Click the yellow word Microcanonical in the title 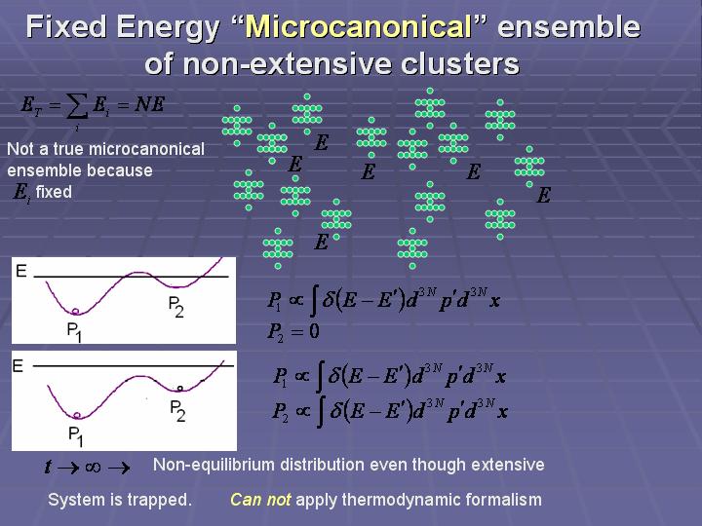(359, 27)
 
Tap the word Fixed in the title (67, 27)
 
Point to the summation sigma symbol (76, 109)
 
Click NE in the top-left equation (149, 104)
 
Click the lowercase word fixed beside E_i (54, 192)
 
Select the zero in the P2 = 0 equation (314, 331)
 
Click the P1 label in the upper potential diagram (74, 332)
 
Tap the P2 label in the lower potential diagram (177, 411)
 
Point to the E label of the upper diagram (21, 271)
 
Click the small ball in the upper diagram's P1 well (75, 311)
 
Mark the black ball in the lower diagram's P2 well (180, 389)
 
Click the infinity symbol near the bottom (93, 468)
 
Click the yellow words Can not (260, 500)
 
